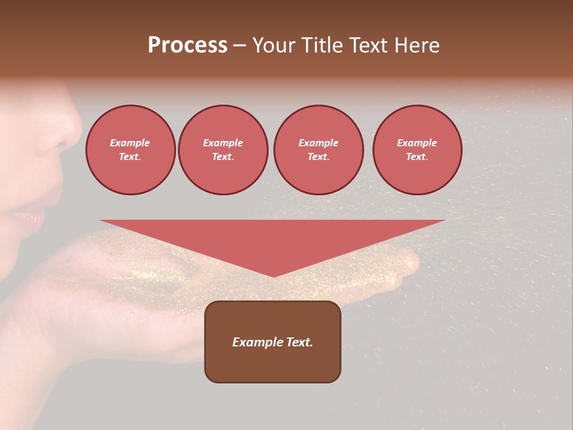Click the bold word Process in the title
[x=187, y=45]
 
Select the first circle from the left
[x=130, y=150]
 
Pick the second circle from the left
[x=223, y=150]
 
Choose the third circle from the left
[x=318, y=150]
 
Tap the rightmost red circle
[x=417, y=150]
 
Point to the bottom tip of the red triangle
[x=273, y=276]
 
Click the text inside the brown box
[x=273, y=342]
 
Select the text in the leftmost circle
[x=130, y=150]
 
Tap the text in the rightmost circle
[x=417, y=150]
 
